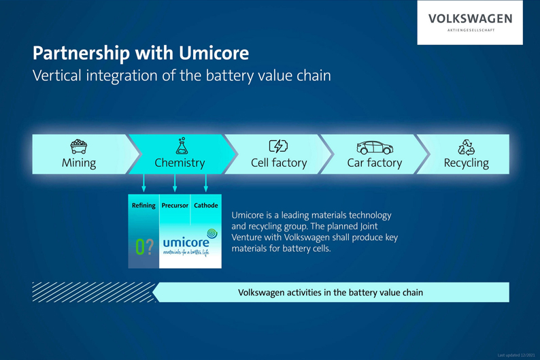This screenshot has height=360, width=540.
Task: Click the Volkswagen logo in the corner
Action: pos(470,22)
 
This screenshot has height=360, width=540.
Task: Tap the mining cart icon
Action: pos(79,146)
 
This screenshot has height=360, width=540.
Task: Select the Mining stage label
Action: pos(79,163)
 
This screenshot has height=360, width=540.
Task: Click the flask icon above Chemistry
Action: pos(181,146)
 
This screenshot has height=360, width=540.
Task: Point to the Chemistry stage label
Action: pos(180,163)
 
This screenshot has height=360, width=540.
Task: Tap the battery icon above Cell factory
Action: pos(278,146)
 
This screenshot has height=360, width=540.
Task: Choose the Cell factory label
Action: pos(279,163)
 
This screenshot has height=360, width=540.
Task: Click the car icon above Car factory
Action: pos(375,147)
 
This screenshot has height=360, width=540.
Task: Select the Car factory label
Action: pos(375,163)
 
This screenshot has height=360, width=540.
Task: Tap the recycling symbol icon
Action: pos(467,146)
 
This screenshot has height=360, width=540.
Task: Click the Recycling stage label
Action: pos(467,163)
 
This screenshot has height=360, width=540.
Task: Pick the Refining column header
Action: pos(144,205)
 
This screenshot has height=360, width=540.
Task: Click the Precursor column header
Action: pos(175,205)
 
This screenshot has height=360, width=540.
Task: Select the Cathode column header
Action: pos(206,205)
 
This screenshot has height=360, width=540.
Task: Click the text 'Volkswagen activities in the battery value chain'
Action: pos(331,293)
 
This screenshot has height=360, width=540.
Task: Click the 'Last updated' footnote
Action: pos(516,355)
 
